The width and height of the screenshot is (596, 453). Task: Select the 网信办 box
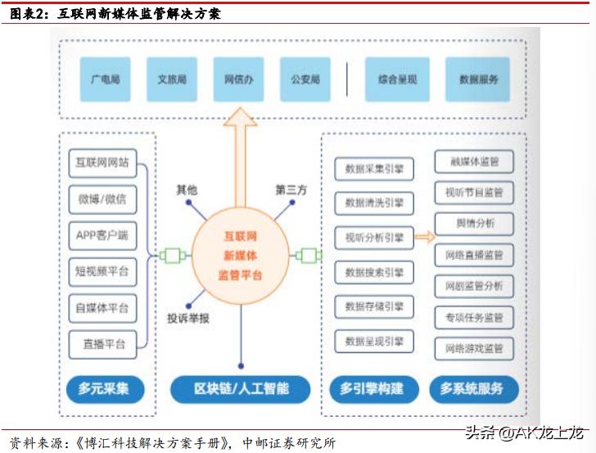(x=239, y=79)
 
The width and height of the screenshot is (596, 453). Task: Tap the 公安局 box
(x=305, y=79)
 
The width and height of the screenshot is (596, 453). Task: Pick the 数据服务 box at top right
(x=478, y=79)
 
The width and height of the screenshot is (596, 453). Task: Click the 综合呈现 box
(x=398, y=79)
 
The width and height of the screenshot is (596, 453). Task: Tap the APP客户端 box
(x=102, y=235)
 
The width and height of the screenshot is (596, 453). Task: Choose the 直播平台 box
(x=102, y=343)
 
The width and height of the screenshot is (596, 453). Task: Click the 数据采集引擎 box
(x=374, y=168)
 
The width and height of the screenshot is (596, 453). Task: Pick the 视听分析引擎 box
(x=374, y=238)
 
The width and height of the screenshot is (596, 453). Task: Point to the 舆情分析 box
(x=474, y=224)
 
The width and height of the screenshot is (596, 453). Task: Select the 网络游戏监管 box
(x=474, y=348)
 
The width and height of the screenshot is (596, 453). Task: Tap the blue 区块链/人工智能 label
(x=241, y=388)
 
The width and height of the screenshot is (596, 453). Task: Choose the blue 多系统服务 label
(x=471, y=388)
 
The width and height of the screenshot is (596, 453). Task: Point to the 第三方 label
(x=291, y=190)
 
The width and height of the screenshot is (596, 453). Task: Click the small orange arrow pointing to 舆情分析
(x=424, y=238)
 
